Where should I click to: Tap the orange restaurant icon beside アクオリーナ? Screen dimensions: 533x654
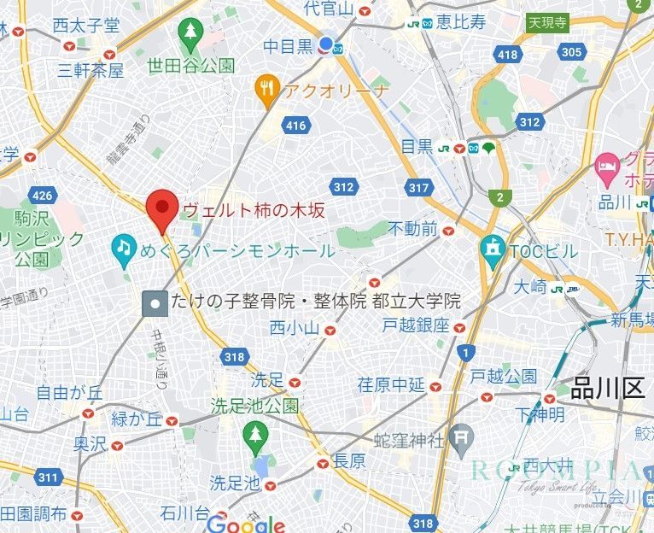[x=268, y=89]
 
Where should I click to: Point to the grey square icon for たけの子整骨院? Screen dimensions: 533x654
[x=155, y=302]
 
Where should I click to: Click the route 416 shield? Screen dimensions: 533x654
[x=295, y=126]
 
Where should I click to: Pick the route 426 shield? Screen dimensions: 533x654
[x=42, y=196]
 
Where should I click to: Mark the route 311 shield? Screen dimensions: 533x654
[x=49, y=477]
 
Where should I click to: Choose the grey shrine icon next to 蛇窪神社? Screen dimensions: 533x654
[x=461, y=439]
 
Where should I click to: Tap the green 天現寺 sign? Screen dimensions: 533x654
[x=547, y=23]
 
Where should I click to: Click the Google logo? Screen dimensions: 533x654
[x=245, y=524]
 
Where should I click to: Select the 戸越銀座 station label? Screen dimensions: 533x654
[x=415, y=325]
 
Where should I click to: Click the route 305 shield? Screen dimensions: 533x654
[x=571, y=52]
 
